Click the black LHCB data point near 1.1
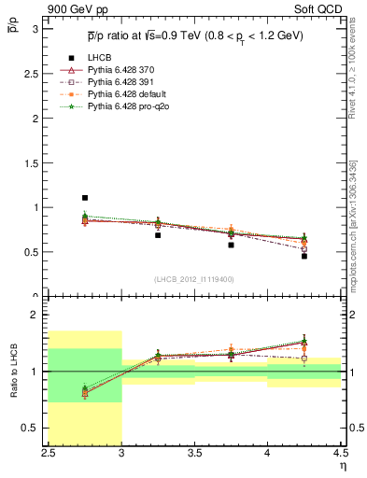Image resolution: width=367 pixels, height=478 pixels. pos(85,198)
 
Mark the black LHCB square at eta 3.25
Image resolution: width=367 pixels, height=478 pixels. pos(158,235)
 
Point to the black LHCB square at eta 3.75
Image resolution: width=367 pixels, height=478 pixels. pos(231,245)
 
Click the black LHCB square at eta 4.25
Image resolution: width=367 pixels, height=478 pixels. pos(303,256)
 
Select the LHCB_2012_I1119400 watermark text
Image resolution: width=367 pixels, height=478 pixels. pos(194,279)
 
